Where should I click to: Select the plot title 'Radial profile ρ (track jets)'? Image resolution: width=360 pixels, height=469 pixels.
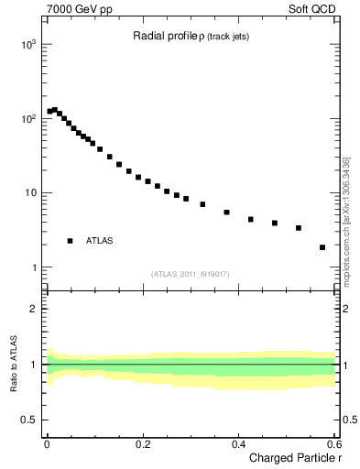tap(190, 37)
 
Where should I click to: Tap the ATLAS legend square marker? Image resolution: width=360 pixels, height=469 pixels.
tap(71, 241)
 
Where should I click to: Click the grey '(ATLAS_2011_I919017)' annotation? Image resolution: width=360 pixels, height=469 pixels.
tap(190, 274)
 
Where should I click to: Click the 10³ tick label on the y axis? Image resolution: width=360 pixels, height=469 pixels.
tap(27, 44)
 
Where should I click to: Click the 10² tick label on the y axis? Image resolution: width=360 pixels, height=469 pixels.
tap(27, 119)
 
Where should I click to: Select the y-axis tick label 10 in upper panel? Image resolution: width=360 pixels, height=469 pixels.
tap(29, 193)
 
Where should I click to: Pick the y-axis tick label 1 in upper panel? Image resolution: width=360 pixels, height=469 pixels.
tap(33, 267)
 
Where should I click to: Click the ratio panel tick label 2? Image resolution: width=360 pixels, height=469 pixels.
tap(33, 309)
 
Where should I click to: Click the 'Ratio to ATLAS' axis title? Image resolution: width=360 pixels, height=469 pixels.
tap(12, 364)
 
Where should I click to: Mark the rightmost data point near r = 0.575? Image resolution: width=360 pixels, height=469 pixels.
tap(322, 247)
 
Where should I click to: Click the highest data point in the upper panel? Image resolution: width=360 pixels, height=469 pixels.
tap(55, 110)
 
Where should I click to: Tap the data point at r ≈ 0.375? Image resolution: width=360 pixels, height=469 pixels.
tap(226, 213)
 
